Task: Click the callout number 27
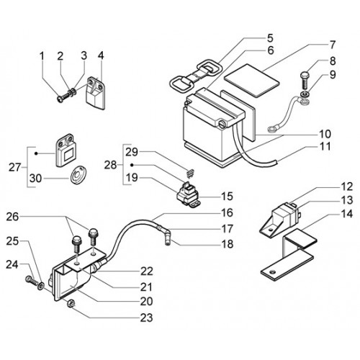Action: click(15, 167)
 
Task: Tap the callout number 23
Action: click(146, 318)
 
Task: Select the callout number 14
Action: click(346, 214)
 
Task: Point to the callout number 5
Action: click(270, 38)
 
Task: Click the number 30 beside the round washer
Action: click(35, 179)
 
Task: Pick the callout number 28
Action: click(110, 165)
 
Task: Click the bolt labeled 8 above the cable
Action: click(303, 81)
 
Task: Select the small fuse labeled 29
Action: click(191, 174)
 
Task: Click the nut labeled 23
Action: click(71, 304)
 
